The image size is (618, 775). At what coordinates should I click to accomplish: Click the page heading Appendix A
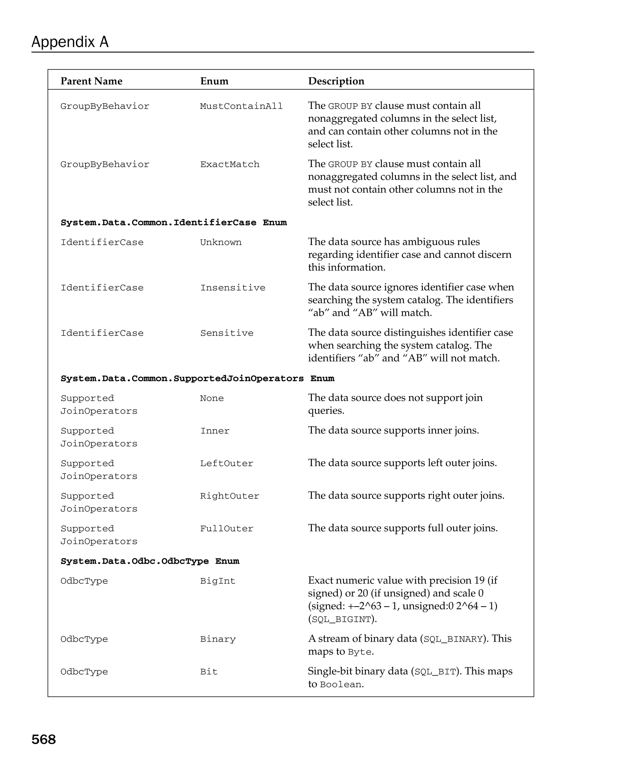(x=70, y=42)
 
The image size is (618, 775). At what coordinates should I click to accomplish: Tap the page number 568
(x=43, y=739)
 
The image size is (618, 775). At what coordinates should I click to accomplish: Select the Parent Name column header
(x=91, y=81)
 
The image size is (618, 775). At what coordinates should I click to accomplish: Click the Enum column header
(x=214, y=81)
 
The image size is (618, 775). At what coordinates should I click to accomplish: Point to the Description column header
(x=336, y=81)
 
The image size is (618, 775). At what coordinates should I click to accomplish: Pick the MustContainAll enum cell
(x=241, y=106)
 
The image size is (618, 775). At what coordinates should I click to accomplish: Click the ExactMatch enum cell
(x=229, y=165)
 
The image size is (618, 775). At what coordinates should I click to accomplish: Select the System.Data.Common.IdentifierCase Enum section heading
(x=174, y=223)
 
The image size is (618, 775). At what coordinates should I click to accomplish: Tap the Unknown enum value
(x=221, y=243)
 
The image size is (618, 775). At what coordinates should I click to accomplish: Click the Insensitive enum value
(x=233, y=288)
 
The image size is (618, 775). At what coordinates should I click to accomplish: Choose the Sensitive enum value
(x=227, y=333)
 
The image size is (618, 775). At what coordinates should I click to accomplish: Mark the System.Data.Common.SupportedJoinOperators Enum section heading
(x=197, y=379)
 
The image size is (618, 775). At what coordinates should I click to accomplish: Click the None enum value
(x=212, y=398)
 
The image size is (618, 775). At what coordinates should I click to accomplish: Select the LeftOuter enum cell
(x=227, y=464)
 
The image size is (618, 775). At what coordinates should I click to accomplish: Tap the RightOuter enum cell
(x=229, y=496)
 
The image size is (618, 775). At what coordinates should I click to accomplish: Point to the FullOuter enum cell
(x=227, y=529)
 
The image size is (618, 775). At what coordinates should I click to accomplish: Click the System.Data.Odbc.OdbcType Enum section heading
(x=150, y=561)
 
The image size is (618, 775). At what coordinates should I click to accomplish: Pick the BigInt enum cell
(x=218, y=581)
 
